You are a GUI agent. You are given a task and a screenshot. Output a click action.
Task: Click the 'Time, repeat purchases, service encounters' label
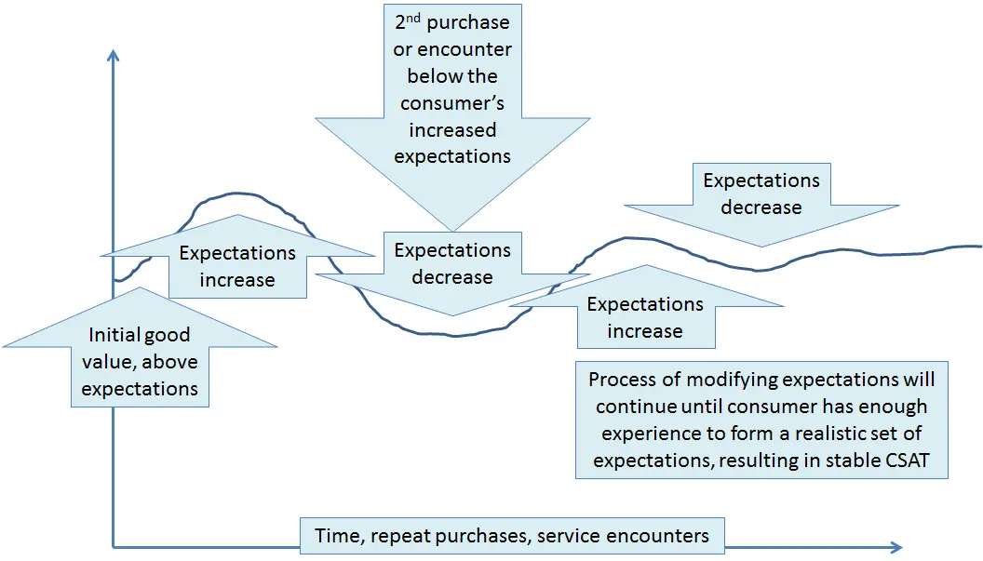512,535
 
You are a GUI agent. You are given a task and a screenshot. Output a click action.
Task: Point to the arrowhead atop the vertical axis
113,54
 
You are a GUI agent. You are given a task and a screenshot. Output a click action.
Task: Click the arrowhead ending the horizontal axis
895,546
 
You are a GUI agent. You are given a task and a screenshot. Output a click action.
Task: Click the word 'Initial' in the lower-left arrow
114,335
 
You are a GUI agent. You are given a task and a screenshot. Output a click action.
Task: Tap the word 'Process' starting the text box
622,380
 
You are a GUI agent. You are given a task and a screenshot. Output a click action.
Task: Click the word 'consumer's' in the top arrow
452,103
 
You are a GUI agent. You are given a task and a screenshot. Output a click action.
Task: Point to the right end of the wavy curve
980,246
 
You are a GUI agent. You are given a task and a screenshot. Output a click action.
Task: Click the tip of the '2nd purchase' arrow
452,230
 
